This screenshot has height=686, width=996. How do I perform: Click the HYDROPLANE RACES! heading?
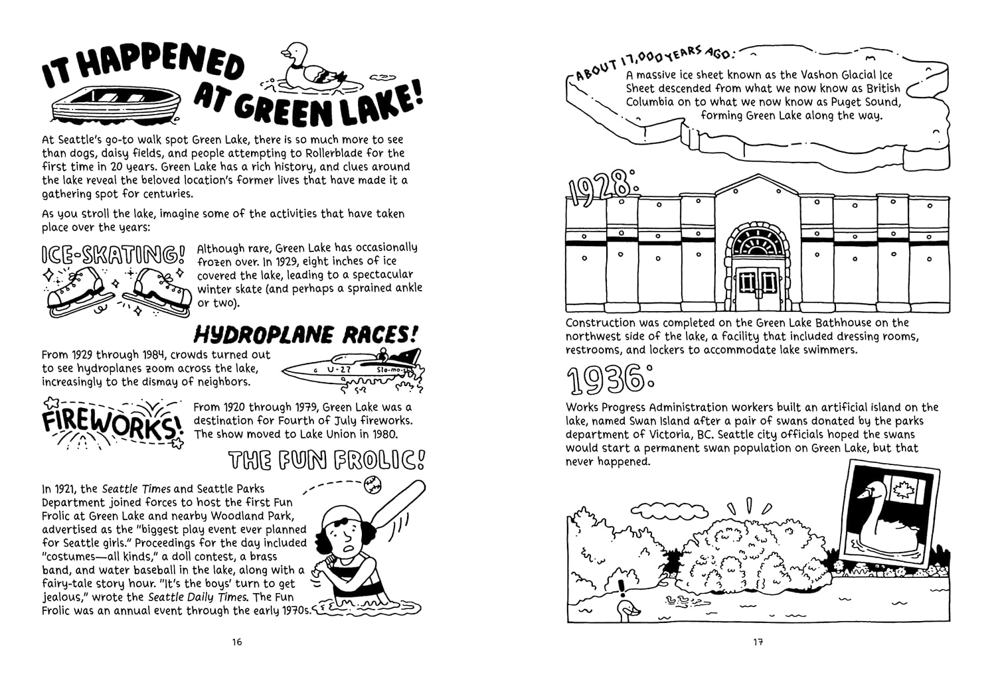(308, 334)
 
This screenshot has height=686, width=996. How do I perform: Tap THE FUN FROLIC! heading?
(326, 459)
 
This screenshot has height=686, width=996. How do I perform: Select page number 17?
(758, 642)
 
